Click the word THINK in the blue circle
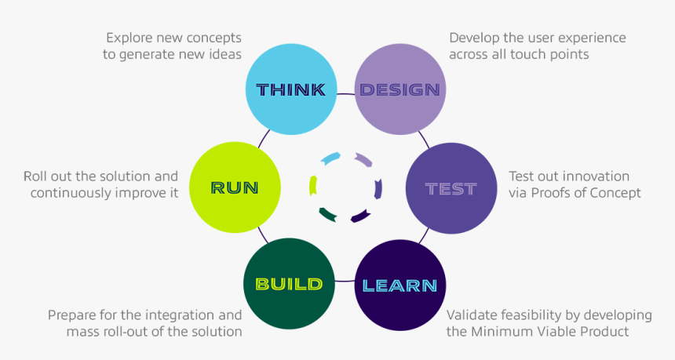point(290,89)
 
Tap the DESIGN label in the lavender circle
point(400,89)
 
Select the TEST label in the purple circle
point(451,188)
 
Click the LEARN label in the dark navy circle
point(400,285)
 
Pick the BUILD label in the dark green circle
point(288,283)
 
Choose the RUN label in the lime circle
point(235,187)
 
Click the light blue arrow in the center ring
point(330,158)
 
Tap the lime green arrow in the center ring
point(313,185)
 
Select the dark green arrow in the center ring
point(328,213)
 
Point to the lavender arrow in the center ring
point(363,160)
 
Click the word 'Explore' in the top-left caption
point(130,38)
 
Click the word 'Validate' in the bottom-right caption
point(472,315)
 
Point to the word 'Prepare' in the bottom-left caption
point(71,315)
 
